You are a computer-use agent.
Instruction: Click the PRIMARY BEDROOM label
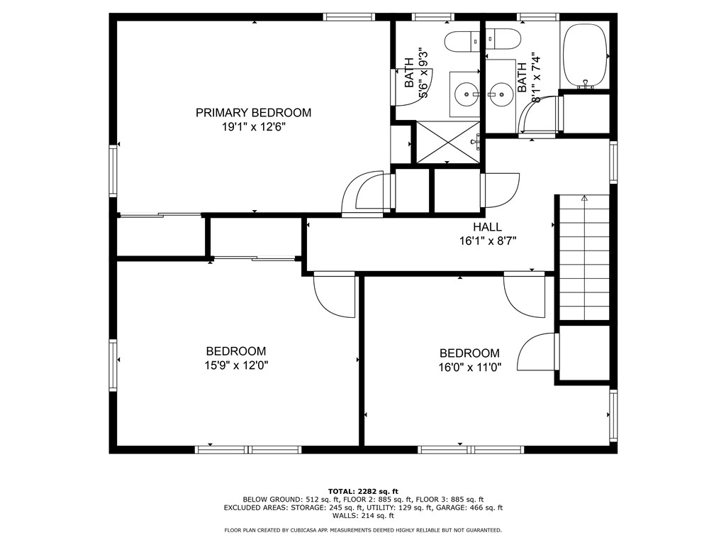253,113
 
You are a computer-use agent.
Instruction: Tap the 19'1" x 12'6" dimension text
253,127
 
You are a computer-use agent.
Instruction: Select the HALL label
487,227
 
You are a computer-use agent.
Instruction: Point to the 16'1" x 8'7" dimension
488,241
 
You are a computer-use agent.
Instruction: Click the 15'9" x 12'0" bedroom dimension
236,365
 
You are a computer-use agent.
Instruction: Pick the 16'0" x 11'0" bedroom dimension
470,368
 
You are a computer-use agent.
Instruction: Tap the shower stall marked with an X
448,142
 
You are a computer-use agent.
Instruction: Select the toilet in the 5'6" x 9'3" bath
462,41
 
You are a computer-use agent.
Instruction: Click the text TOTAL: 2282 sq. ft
363,491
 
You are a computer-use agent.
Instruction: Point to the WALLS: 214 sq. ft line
363,515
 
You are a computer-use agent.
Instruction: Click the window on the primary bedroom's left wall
113,170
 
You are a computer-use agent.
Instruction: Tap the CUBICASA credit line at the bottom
363,530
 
